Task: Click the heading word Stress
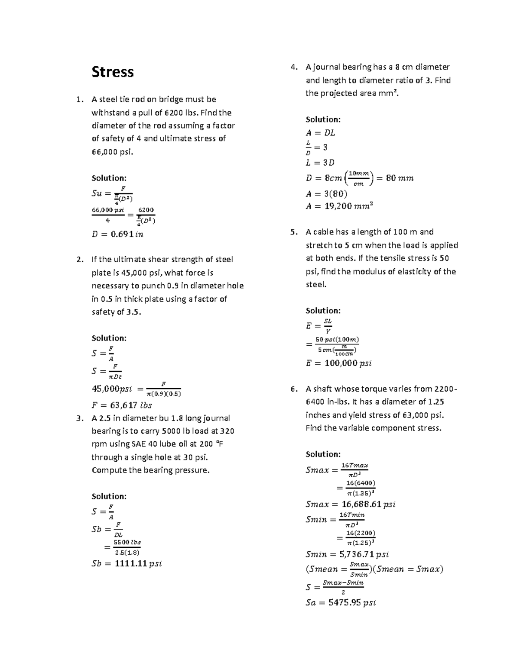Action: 112,72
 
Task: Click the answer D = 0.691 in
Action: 117,235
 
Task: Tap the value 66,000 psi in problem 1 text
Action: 110,152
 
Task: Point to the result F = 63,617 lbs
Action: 121,405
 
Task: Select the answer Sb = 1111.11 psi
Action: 126,564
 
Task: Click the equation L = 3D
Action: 320,163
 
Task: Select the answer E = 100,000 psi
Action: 338,363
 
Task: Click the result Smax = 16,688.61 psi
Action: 350,505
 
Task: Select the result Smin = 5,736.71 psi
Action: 347,554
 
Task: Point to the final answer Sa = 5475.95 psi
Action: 341,602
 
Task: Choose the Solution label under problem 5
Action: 323,311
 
